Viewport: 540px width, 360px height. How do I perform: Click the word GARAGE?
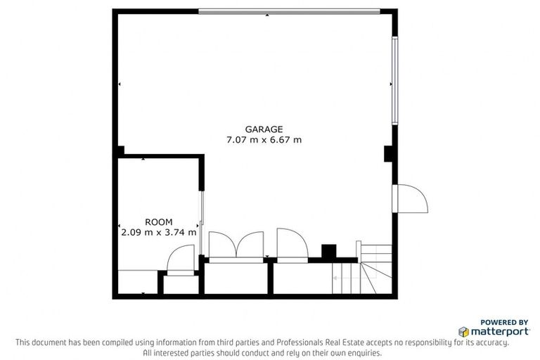264,129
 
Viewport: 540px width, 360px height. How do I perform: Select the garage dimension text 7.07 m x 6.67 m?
264,139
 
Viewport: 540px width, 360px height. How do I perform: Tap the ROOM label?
158,221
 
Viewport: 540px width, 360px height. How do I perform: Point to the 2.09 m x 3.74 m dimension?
158,231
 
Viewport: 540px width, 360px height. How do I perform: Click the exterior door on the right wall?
411,198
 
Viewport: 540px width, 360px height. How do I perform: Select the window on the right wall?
395,80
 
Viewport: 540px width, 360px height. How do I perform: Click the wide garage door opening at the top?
289,11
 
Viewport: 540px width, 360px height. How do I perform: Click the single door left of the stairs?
290,245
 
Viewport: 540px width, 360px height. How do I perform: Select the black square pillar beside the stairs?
328,252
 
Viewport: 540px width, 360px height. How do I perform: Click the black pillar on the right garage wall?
388,154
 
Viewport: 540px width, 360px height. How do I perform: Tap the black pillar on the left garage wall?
120,150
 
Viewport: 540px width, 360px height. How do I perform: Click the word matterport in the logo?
500,331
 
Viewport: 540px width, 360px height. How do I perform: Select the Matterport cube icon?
464,331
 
